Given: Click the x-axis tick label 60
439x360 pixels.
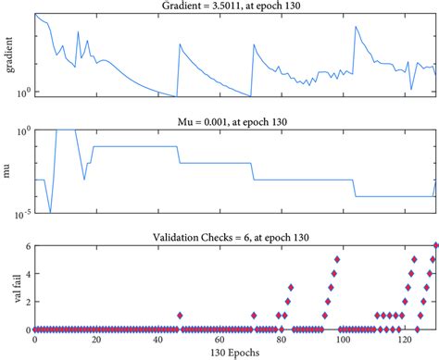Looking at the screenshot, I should pyautogui.click(x=219, y=340).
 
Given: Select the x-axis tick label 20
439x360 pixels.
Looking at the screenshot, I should pyautogui.click(x=95, y=340).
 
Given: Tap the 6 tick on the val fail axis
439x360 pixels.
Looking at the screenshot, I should pyautogui.click(x=26, y=245).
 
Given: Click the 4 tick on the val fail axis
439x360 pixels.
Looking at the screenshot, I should pyautogui.click(x=26, y=273).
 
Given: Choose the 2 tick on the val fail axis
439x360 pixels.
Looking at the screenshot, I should pyautogui.click(x=26, y=302).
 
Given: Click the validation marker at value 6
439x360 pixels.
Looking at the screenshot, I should pyautogui.click(x=435, y=245).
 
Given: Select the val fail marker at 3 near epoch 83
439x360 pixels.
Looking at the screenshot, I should pyautogui.click(x=291, y=287).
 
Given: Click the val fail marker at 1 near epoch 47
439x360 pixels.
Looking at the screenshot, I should pyautogui.click(x=180, y=316).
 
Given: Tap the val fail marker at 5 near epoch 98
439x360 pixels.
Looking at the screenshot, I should pyautogui.click(x=337, y=259).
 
